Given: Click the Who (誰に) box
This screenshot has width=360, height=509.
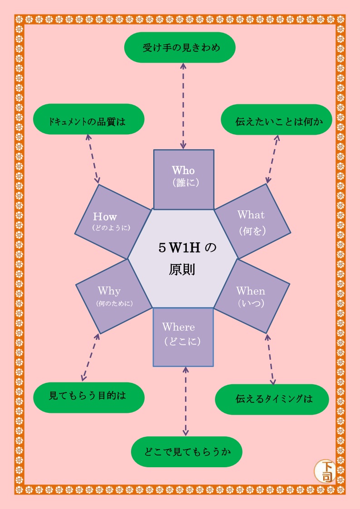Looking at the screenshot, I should pos(184,179).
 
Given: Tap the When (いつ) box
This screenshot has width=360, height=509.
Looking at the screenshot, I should pos(251,296).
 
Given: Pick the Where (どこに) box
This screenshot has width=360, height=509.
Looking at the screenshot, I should pos(183,336).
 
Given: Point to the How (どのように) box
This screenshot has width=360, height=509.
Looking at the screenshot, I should pos(112,221).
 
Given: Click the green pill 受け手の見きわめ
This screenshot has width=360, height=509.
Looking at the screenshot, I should pos(180,47).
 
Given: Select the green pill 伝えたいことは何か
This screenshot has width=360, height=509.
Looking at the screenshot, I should pos(277,122).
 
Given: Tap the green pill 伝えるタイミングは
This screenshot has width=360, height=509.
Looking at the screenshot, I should pos(272,399).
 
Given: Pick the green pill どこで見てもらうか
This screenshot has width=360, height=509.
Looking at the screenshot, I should pos(187,451).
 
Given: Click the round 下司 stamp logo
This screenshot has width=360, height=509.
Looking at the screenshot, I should pos(325,471).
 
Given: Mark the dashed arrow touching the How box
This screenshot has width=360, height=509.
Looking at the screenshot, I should pos(92,159).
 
